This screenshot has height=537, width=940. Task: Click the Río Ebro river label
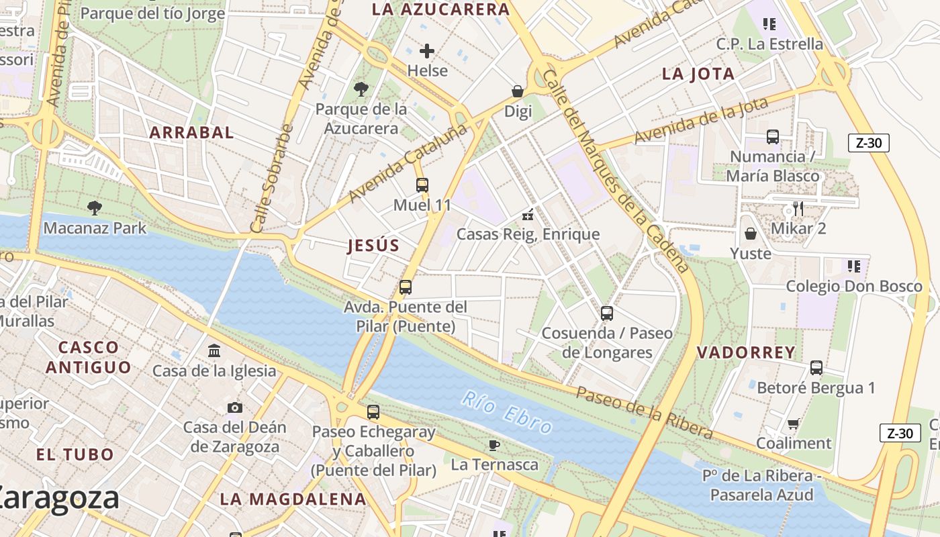pyautogui.click(x=507, y=412)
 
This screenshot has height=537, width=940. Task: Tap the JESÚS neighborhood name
pyautogui.click(x=373, y=246)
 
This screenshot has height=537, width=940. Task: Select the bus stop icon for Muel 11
pyautogui.click(x=422, y=185)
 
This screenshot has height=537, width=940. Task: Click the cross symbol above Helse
pyautogui.click(x=427, y=51)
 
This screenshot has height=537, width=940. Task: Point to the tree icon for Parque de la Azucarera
pyautogui.click(x=361, y=89)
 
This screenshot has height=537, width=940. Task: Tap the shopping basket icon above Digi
pyautogui.click(x=518, y=91)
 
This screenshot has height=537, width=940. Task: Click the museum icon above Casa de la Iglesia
pyautogui.click(x=214, y=350)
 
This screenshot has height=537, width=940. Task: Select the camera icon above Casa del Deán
pyautogui.click(x=234, y=407)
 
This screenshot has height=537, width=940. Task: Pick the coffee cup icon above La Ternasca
pyautogui.click(x=494, y=445)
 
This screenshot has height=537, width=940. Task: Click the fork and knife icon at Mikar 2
pyautogui.click(x=798, y=209)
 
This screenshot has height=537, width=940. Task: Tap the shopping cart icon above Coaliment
pyautogui.click(x=794, y=424)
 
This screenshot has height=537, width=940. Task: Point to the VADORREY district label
pyautogui.click(x=746, y=352)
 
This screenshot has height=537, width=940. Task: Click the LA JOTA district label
pyautogui.click(x=698, y=74)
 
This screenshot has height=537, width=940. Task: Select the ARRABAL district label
pyautogui.click(x=192, y=132)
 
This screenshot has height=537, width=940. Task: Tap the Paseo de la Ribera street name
pyautogui.click(x=644, y=411)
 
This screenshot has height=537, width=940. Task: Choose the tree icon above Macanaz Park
pyautogui.click(x=95, y=208)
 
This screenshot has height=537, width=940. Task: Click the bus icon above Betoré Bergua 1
pyautogui.click(x=816, y=368)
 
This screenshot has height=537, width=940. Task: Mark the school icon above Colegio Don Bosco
pyautogui.click(x=854, y=266)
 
